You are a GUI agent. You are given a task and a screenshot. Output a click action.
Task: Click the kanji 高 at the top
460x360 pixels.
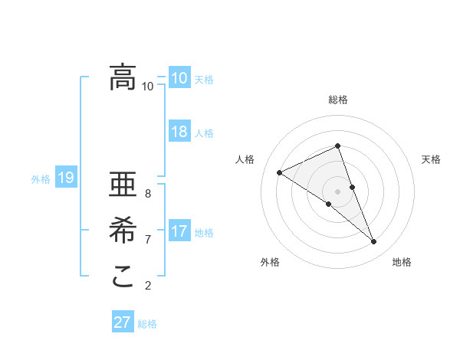pos(123,77)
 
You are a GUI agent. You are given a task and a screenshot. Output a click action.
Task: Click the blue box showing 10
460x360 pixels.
pos(179,77)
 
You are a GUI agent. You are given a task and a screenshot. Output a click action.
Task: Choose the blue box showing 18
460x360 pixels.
pos(179,131)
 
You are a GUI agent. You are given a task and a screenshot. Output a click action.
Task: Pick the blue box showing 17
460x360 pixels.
pos(179,231)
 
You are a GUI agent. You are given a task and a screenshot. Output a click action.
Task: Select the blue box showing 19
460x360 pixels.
pos(66,178)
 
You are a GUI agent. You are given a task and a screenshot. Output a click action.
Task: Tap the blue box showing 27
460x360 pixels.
pos(123,322)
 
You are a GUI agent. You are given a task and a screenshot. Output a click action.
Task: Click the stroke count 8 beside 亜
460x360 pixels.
pos(148,194)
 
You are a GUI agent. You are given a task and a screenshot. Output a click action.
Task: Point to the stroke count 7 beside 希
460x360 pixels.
pos(148,240)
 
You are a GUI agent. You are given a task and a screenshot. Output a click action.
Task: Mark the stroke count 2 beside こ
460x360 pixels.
pos(148,286)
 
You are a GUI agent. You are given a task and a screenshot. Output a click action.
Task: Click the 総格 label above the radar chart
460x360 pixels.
pos(337,100)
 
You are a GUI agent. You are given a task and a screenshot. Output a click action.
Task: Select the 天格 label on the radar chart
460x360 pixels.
pos(431,159)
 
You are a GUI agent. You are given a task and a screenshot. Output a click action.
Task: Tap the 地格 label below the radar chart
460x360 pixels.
pos(402,262)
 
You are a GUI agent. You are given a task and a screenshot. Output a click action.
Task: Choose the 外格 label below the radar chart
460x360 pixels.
pos(270,262)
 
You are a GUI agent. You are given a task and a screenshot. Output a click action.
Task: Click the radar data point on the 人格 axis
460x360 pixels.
pos(279,172)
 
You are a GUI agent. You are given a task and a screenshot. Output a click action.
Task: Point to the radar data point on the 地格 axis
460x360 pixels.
pos(374,242)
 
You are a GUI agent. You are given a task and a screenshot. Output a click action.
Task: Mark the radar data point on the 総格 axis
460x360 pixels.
pos(337,146)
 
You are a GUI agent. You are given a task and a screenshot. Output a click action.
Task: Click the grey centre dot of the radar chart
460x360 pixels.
pos(337,191)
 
